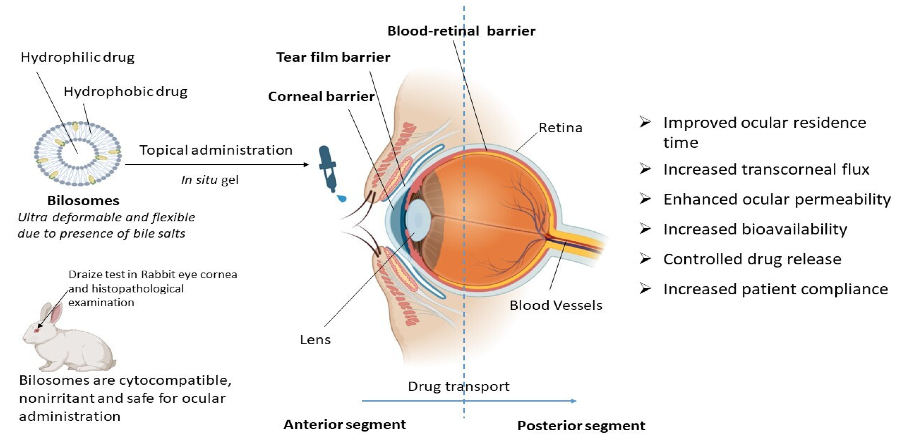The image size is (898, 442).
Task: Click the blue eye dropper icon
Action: [x=328, y=168]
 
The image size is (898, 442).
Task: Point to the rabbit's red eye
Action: [x=37, y=330]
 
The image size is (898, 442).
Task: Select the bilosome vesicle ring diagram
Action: [x=78, y=153]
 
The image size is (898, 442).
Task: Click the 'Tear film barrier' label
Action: [x=333, y=57]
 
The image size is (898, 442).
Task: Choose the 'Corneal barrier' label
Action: [x=321, y=97]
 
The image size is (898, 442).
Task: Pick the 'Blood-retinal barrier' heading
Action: [x=461, y=31]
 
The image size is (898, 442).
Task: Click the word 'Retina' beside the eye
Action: [x=560, y=128]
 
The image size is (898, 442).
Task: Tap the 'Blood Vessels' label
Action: [x=556, y=305]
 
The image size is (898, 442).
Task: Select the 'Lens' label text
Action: [x=315, y=339]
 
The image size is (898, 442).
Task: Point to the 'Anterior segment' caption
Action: [x=345, y=425]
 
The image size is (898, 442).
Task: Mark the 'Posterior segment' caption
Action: [x=581, y=426]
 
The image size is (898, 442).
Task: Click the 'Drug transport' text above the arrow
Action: [x=459, y=386]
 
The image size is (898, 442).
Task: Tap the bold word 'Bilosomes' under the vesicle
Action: [x=83, y=201]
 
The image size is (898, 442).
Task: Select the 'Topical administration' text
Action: [x=216, y=150]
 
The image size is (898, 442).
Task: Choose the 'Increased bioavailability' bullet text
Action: [x=755, y=229]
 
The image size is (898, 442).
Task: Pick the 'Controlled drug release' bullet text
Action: [x=752, y=259]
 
